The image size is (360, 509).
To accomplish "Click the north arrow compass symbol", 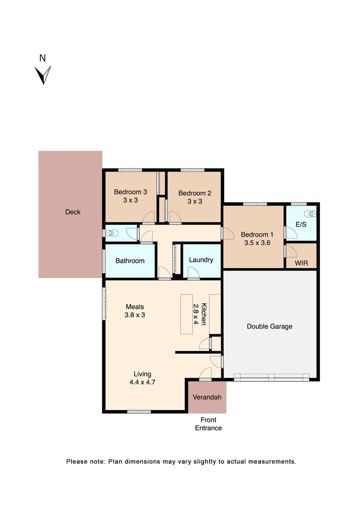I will [43, 74].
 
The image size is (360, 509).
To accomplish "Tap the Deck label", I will [73, 212].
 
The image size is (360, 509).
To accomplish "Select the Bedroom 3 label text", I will [131, 192].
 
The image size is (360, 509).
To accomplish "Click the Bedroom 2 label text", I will [195, 193].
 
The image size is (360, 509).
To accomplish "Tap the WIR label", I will [301, 263].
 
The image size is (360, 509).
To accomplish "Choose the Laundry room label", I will [201, 260].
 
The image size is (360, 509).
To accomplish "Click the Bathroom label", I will [130, 261].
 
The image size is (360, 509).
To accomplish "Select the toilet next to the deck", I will [111, 233].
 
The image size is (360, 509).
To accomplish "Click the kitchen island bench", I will [186, 314].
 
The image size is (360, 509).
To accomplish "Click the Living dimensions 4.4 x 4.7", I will [142, 382].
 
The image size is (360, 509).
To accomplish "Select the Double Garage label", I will [270, 326].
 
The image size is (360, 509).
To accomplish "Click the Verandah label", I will [207, 397].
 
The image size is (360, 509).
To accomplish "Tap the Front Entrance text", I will [208, 424].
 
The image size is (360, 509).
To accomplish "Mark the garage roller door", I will [271, 377].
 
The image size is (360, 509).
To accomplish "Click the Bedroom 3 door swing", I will [149, 217].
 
